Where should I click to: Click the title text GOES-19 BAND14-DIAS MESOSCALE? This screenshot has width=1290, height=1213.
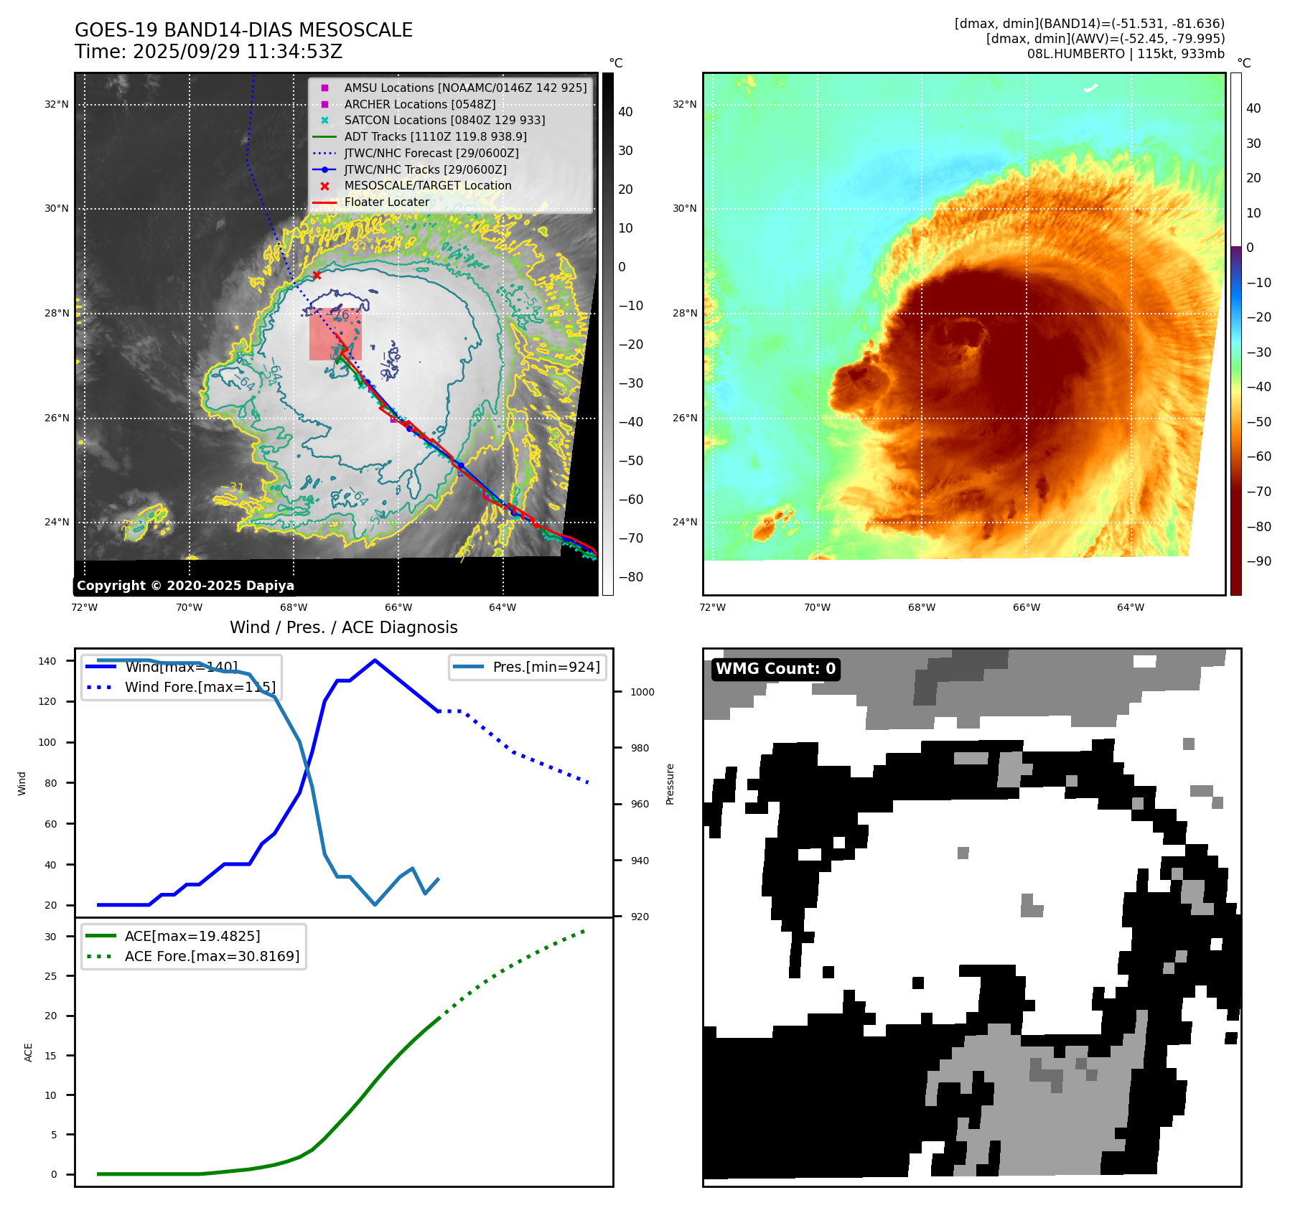[243, 30]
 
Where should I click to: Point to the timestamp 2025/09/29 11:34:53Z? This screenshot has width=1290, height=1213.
[238, 52]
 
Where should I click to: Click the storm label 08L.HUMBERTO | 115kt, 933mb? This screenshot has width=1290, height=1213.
[1125, 54]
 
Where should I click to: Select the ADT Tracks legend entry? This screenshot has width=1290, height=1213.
[435, 136]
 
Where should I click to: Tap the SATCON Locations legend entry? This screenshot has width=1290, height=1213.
[444, 120]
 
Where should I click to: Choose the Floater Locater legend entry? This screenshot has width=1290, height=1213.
[386, 202]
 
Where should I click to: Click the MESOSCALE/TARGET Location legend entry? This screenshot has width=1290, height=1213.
[428, 185]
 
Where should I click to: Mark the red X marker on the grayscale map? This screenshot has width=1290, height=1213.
[317, 275]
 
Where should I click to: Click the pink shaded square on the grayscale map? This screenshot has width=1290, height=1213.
[335, 334]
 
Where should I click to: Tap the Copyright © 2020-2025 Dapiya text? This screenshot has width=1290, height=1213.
[185, 586]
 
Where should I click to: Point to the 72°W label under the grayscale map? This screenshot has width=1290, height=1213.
[85, 607]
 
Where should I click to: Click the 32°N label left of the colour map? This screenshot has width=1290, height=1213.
[684, 104]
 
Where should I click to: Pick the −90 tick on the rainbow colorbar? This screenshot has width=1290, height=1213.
[1258, 561]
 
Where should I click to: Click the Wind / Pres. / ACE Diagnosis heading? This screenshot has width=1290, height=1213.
[343, 627]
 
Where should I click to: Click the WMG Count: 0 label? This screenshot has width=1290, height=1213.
[775, 669]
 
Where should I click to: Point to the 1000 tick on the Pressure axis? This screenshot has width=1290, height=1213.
[642, 692]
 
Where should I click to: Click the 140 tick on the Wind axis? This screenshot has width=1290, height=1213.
[47, 661]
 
